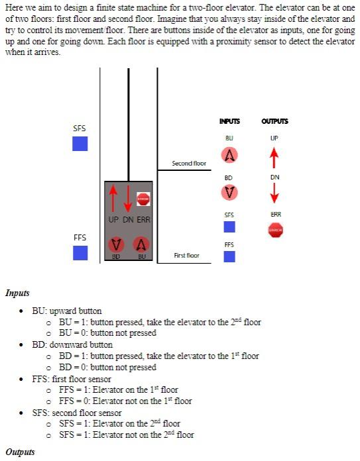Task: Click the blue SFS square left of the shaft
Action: (80, 144)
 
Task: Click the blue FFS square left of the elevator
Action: (80, 253)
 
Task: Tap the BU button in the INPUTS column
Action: (229, 155)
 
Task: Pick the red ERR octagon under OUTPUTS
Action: (275, 230)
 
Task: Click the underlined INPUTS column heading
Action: (229, 121)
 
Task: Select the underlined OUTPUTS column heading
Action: (274, 121)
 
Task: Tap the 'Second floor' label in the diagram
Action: (189, 163)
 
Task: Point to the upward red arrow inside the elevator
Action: (113, 199)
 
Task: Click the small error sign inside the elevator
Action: (143, 198)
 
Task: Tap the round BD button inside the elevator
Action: (116, 244)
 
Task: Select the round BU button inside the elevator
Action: (141, 244)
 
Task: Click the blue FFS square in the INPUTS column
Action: (229, 256)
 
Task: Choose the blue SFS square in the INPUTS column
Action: (229, 227)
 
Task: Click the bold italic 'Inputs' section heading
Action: (17, 293)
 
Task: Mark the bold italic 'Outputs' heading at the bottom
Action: (20, 452)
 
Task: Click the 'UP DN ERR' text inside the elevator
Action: (129, 219)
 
